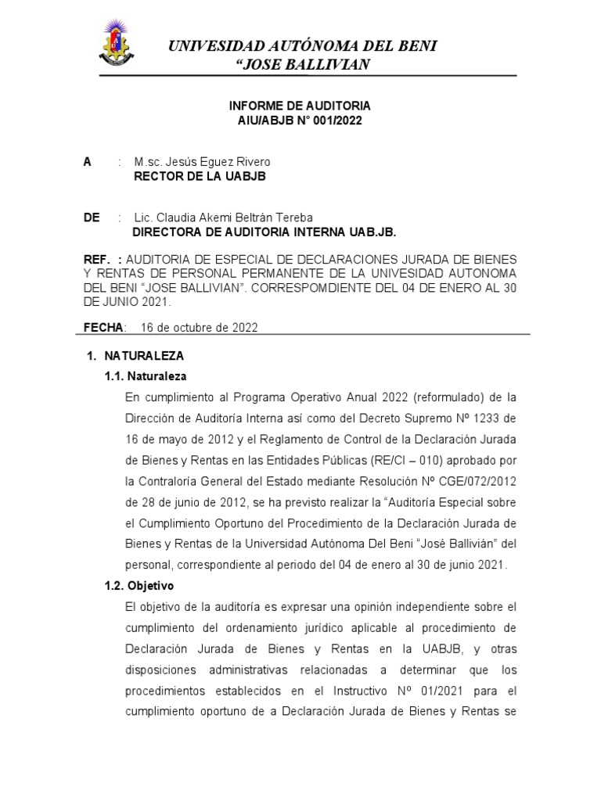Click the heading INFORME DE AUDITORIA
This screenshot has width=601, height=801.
(300, 105)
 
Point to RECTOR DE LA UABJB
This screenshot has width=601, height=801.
(200, 177)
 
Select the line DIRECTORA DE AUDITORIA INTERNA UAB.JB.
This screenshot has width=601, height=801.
(265, 232)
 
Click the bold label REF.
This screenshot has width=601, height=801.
(99, 258)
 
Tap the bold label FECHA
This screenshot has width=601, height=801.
(103, 328)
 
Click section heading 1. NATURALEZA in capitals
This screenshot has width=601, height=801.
(134, 356)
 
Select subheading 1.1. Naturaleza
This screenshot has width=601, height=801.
(146, 376)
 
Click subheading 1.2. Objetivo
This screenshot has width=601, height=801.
(141, 585)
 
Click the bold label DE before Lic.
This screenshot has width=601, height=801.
(92, 217)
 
